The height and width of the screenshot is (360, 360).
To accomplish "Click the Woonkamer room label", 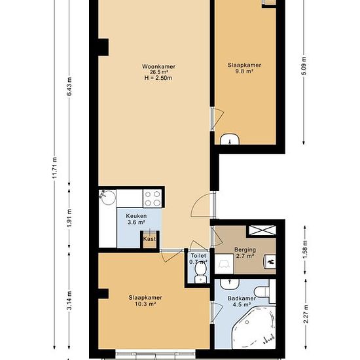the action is [158, 67].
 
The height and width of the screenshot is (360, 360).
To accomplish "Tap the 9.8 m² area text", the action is [244, 71].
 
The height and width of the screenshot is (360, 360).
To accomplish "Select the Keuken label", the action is [136, 216].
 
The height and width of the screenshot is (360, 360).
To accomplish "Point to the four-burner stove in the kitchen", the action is [153, 198].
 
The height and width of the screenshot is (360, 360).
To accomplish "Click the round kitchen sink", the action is [108, 197].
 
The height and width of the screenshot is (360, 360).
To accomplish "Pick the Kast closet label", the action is [149, 239].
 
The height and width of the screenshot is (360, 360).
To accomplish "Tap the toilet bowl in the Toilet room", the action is [200, 272].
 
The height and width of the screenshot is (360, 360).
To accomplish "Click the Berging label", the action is [245, 249].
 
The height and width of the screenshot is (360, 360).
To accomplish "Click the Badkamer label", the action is [242, 298].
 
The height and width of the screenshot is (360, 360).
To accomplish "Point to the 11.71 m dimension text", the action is [54, 168].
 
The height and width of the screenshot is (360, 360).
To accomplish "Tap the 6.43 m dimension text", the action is [69, 87].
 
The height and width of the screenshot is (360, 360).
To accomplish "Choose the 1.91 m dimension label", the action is [69, 219].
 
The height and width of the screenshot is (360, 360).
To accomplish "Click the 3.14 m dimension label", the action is [69, 300].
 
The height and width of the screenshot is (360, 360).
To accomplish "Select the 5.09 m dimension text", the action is [304, 66].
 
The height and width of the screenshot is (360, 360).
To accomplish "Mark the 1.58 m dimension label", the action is [305, 249].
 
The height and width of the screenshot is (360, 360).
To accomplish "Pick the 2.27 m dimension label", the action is [306, 314].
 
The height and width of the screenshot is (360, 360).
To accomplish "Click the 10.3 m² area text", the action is [146, 304].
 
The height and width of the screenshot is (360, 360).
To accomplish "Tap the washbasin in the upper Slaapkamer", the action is [230, 139].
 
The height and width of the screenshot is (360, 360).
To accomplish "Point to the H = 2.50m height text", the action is [158, 78].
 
